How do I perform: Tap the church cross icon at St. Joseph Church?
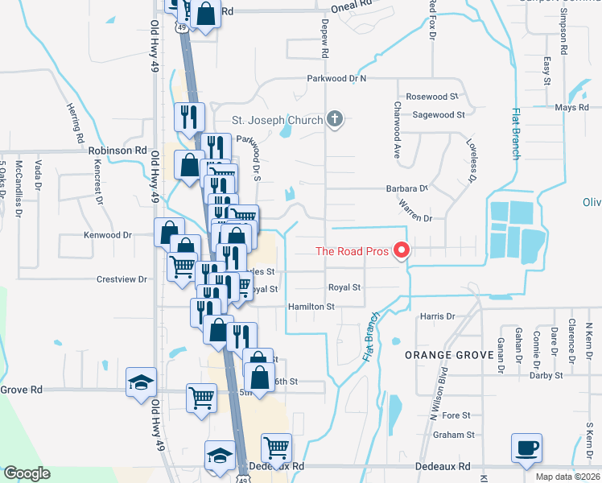(x=336, y=120)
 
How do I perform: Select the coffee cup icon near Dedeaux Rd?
(x=526, y=447)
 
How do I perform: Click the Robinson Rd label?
(x=118, y=150)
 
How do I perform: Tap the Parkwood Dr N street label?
(x=336, y=79)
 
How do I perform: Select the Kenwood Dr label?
(x=107, y=235)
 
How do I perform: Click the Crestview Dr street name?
(x=122, y=279)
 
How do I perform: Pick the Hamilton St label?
(x=311, y=307)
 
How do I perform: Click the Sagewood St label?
(x=439, y=115)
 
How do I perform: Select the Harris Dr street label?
(x=438, y=316)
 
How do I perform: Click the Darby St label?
(x=546, y=375)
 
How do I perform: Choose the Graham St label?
(x=455, y=435)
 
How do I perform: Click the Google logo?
(x=27, y=473)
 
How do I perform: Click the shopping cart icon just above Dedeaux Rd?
(x=276, y=447)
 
